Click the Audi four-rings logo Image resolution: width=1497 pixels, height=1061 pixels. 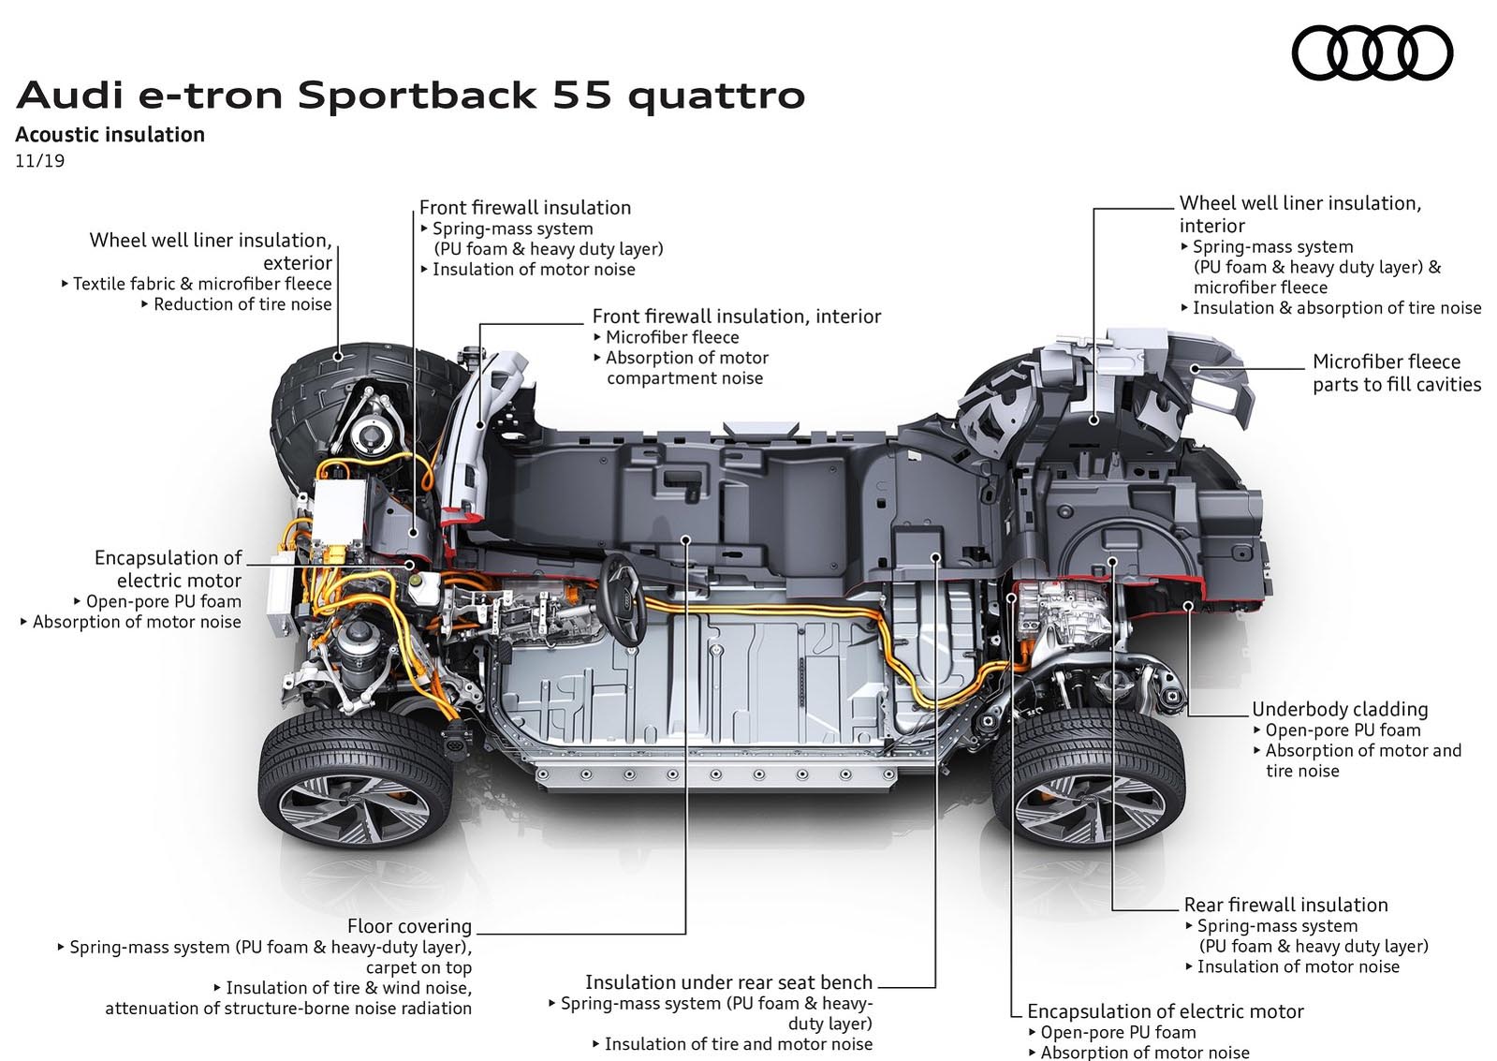[x=1372, y=52]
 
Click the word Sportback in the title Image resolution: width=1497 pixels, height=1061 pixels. [x=417, y=95]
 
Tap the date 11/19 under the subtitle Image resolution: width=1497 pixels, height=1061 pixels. [x=40, y=161]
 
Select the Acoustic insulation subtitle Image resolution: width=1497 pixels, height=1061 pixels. [x=110, y=134]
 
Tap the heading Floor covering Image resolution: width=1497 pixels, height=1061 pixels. [x=409, y=926]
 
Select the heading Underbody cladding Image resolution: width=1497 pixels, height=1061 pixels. [x=1340, y=709]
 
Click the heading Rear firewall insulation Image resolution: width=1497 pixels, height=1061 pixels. [x=1285, y=905]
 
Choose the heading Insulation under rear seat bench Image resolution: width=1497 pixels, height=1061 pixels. [x=729, y=982]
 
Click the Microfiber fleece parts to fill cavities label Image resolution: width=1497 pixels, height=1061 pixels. [x=1397, y=373]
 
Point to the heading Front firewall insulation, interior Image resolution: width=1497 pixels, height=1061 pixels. [x=737, y=317]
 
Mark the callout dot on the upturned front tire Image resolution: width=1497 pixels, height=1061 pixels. [x=338, y=357]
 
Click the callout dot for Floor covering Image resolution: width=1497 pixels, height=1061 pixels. [x=685, y=538]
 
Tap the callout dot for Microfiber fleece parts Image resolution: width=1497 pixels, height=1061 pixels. [x=1195, y=368]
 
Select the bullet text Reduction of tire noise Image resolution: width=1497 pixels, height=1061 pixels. [x=242, y=304]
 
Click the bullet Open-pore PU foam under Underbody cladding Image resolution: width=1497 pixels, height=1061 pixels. [x=1343, y=730]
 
